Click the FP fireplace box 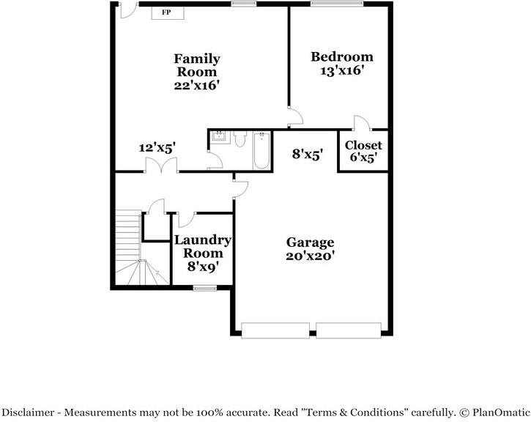[x=168, y=12]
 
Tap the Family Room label [x=196, y=65]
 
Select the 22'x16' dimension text [x=196, y=85]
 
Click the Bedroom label [x=342, y=57]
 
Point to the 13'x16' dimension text [x=342, y=71]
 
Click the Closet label [x=363, y=145]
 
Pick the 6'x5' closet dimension [x=363, y=158]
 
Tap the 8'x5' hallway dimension [x=308, y=155]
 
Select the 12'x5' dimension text [x=157, y=147]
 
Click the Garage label [x=310, y=243]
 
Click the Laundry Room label [x=202, y=246]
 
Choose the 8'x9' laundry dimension [x=202, y=267]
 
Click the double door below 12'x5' [x=156, y=166]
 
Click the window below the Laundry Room [x=204, y=288]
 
